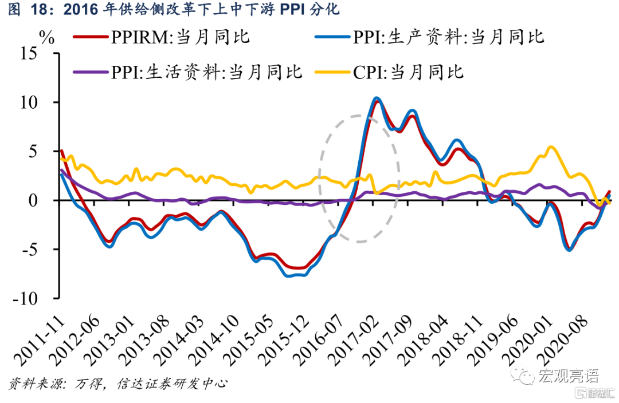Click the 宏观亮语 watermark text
click(x=568, y=376)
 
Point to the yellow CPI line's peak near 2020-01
click(x=551, y=147)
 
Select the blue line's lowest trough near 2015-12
click(x=288, y=276)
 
